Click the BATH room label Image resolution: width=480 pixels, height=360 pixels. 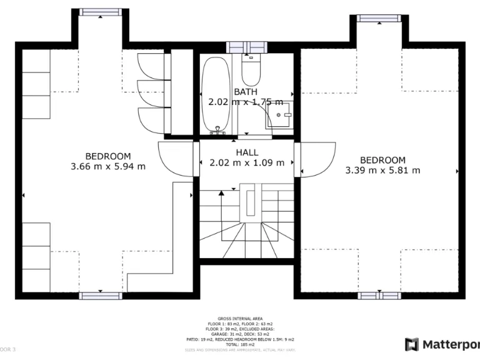click(x=245, y=92)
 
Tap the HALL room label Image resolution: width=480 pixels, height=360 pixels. click(x=247, y=152)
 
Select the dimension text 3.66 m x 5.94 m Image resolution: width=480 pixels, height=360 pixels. click(x=108, y=166)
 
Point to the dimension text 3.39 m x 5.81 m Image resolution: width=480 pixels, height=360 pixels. click(x=382, y=170)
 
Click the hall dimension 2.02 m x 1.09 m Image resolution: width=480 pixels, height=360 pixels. click(x=246, y=162)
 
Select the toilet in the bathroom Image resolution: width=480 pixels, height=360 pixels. click(x=251, y=71)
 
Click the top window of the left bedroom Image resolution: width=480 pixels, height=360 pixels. click(x=99, y=13)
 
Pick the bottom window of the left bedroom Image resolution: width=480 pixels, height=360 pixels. click(x=99, y=294)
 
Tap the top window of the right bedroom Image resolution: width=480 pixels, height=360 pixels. click(x=378, y=18)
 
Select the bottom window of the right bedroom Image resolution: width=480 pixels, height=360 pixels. click(x=379, y=294)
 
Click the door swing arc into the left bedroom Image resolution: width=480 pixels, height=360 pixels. click(x=175, y=159)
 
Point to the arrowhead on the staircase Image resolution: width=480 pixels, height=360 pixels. click(x=221, y=194)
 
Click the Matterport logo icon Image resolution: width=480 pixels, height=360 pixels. click(x=412, y=344)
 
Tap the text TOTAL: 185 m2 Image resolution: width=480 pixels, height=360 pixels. click(x=240, y=344)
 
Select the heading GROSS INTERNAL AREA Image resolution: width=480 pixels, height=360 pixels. click(x=240, y=317)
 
